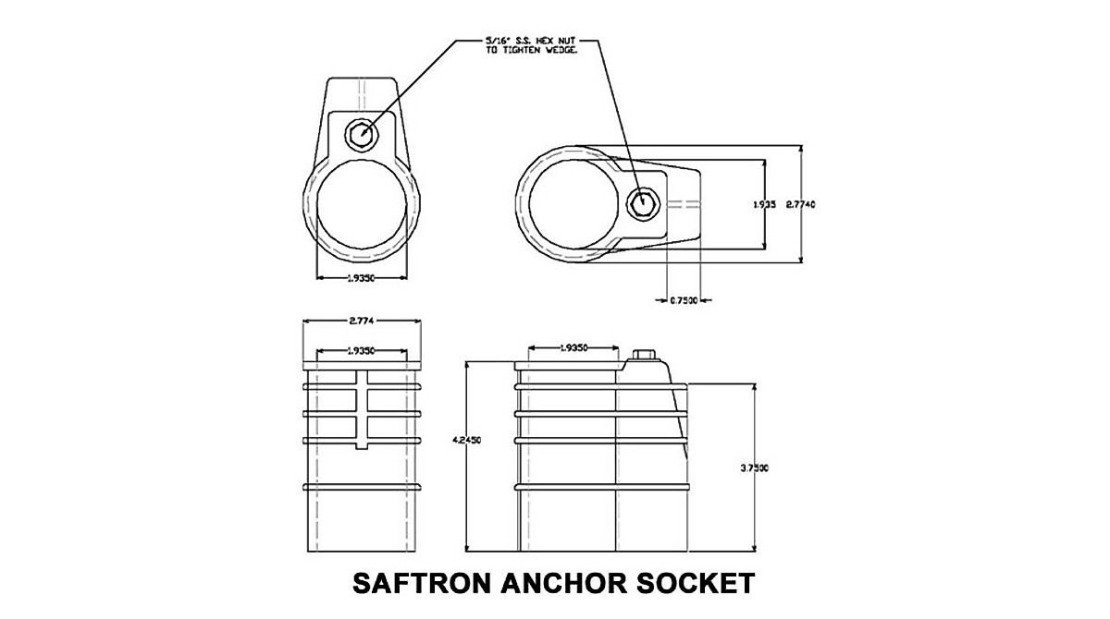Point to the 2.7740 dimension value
coord(803,204)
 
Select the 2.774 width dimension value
coord(363,321)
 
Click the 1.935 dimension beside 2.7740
coord(764,205)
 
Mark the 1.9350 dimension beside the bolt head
coord(572,348)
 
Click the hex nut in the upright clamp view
coord(361,135)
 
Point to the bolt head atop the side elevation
coord(644,356)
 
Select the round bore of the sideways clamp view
coord(575,202)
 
